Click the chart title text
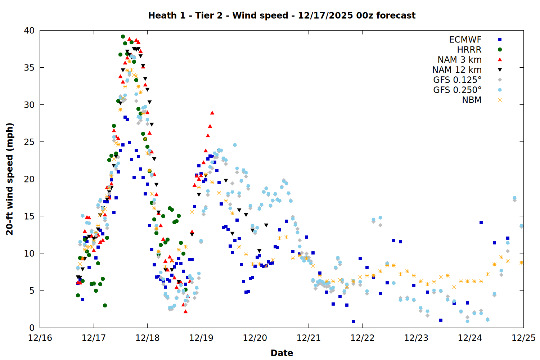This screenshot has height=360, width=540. [282, 15]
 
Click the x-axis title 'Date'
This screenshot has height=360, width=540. [282, 353]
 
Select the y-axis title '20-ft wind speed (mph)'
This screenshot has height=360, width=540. [10, 179]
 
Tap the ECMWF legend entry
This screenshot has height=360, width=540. [465, 40]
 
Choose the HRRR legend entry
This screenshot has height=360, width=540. [469, 50]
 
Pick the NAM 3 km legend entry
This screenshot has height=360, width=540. [459, 60]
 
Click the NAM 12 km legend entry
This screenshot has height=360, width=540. [457, 70]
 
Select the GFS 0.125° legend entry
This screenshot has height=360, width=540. [457, 80]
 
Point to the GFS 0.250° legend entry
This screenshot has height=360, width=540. [457, 90]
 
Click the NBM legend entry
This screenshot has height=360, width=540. [472, 100]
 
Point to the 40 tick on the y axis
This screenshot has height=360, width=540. [29, 31]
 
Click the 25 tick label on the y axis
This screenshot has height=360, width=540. [29, 142]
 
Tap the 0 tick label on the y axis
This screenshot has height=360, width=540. [32, 328]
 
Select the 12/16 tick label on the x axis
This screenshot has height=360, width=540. [40, 338]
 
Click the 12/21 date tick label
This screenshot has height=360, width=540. [309, 338]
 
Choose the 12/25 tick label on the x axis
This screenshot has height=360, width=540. [523, 338]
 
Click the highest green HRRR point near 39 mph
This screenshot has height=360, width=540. [123, 37]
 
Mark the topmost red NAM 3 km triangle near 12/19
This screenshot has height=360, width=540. [212, 113]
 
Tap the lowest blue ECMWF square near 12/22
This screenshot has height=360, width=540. [353, 321]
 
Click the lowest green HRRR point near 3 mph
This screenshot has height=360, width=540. [105, 305]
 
